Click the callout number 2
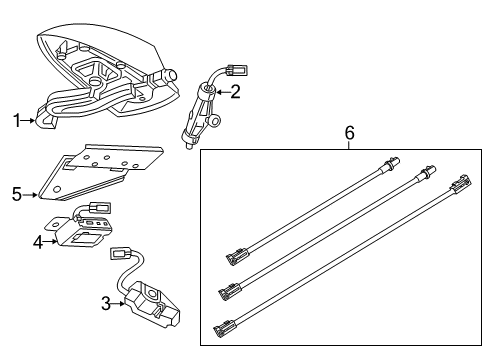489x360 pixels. pyautogui.click(x=236, y=92)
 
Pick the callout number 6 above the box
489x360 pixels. pyautogui.click(x=349, y=132)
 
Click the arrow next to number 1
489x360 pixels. pyautogui.click(x=30, y=121)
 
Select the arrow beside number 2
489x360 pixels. pyautogui.click(x=221, y=93)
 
